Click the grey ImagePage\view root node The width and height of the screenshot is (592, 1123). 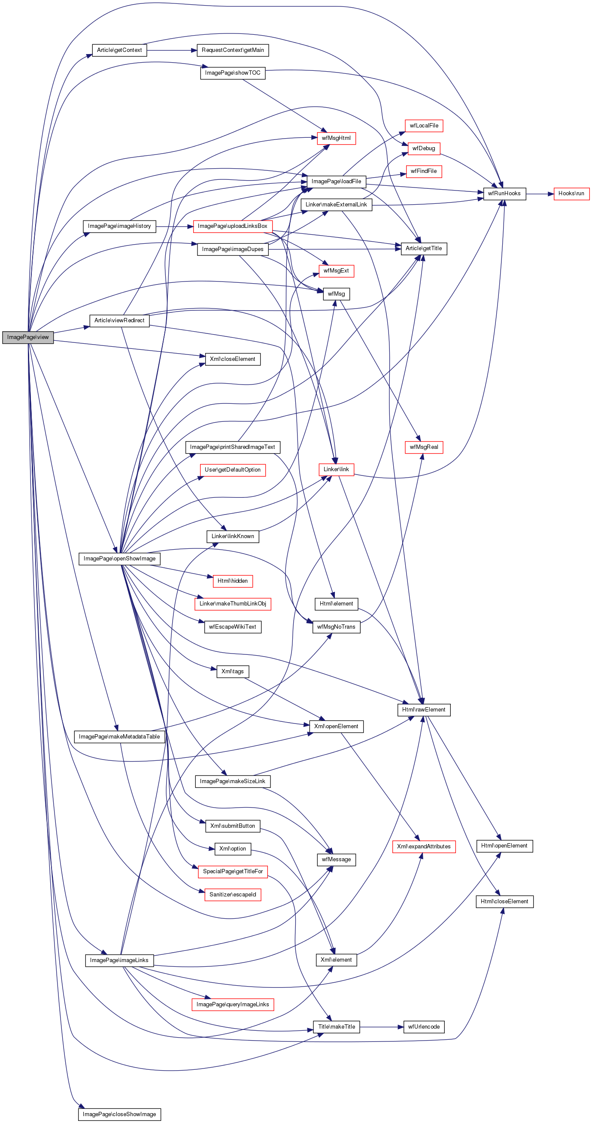pyautogui.click(x=28, y=337)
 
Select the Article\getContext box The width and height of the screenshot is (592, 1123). pyautogui.click(x=119, y=50)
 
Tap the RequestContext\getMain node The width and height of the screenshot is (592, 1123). pyautogui.click(x=233, y=50)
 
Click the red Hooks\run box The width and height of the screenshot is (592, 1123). pyautogui.click(x=571, y=194)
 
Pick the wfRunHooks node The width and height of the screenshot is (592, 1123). pyautogui.click(x=504, y=194)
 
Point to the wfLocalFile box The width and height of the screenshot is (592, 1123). pyautogui.click(x=424, y=126)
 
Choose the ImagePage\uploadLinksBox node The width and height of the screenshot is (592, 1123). pyautogui.click(x=233, y=226)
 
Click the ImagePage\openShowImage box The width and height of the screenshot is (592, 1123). pyautogui.click(x=119, y=558)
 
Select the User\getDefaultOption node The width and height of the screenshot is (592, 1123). pyautogui.click(x=233, y=470)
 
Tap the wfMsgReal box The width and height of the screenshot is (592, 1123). pyautogui.click(x=424, y=447)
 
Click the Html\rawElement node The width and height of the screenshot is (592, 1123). pyautogui.click(x=424, y=710)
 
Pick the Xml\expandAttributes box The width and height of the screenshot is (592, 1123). pyautogui.click(x=424, y=847)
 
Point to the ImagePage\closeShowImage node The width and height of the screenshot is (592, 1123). pyautogui.click(x=119, y=1114)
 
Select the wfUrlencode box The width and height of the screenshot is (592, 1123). pyautogui.click(x=424, y=1026)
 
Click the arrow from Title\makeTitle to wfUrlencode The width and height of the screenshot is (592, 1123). pyautogui.click(x=379, y=1026)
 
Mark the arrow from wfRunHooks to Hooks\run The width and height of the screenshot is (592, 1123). pyautogui.click(x=540, y=194)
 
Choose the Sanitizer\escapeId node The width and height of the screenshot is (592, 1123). pyautogui.click(x=233, y=895)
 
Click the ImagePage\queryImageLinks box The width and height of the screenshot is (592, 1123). pyautogui.click(x=233, y=1005)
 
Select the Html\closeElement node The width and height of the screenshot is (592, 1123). pyautogui.click(x=504, y=902)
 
